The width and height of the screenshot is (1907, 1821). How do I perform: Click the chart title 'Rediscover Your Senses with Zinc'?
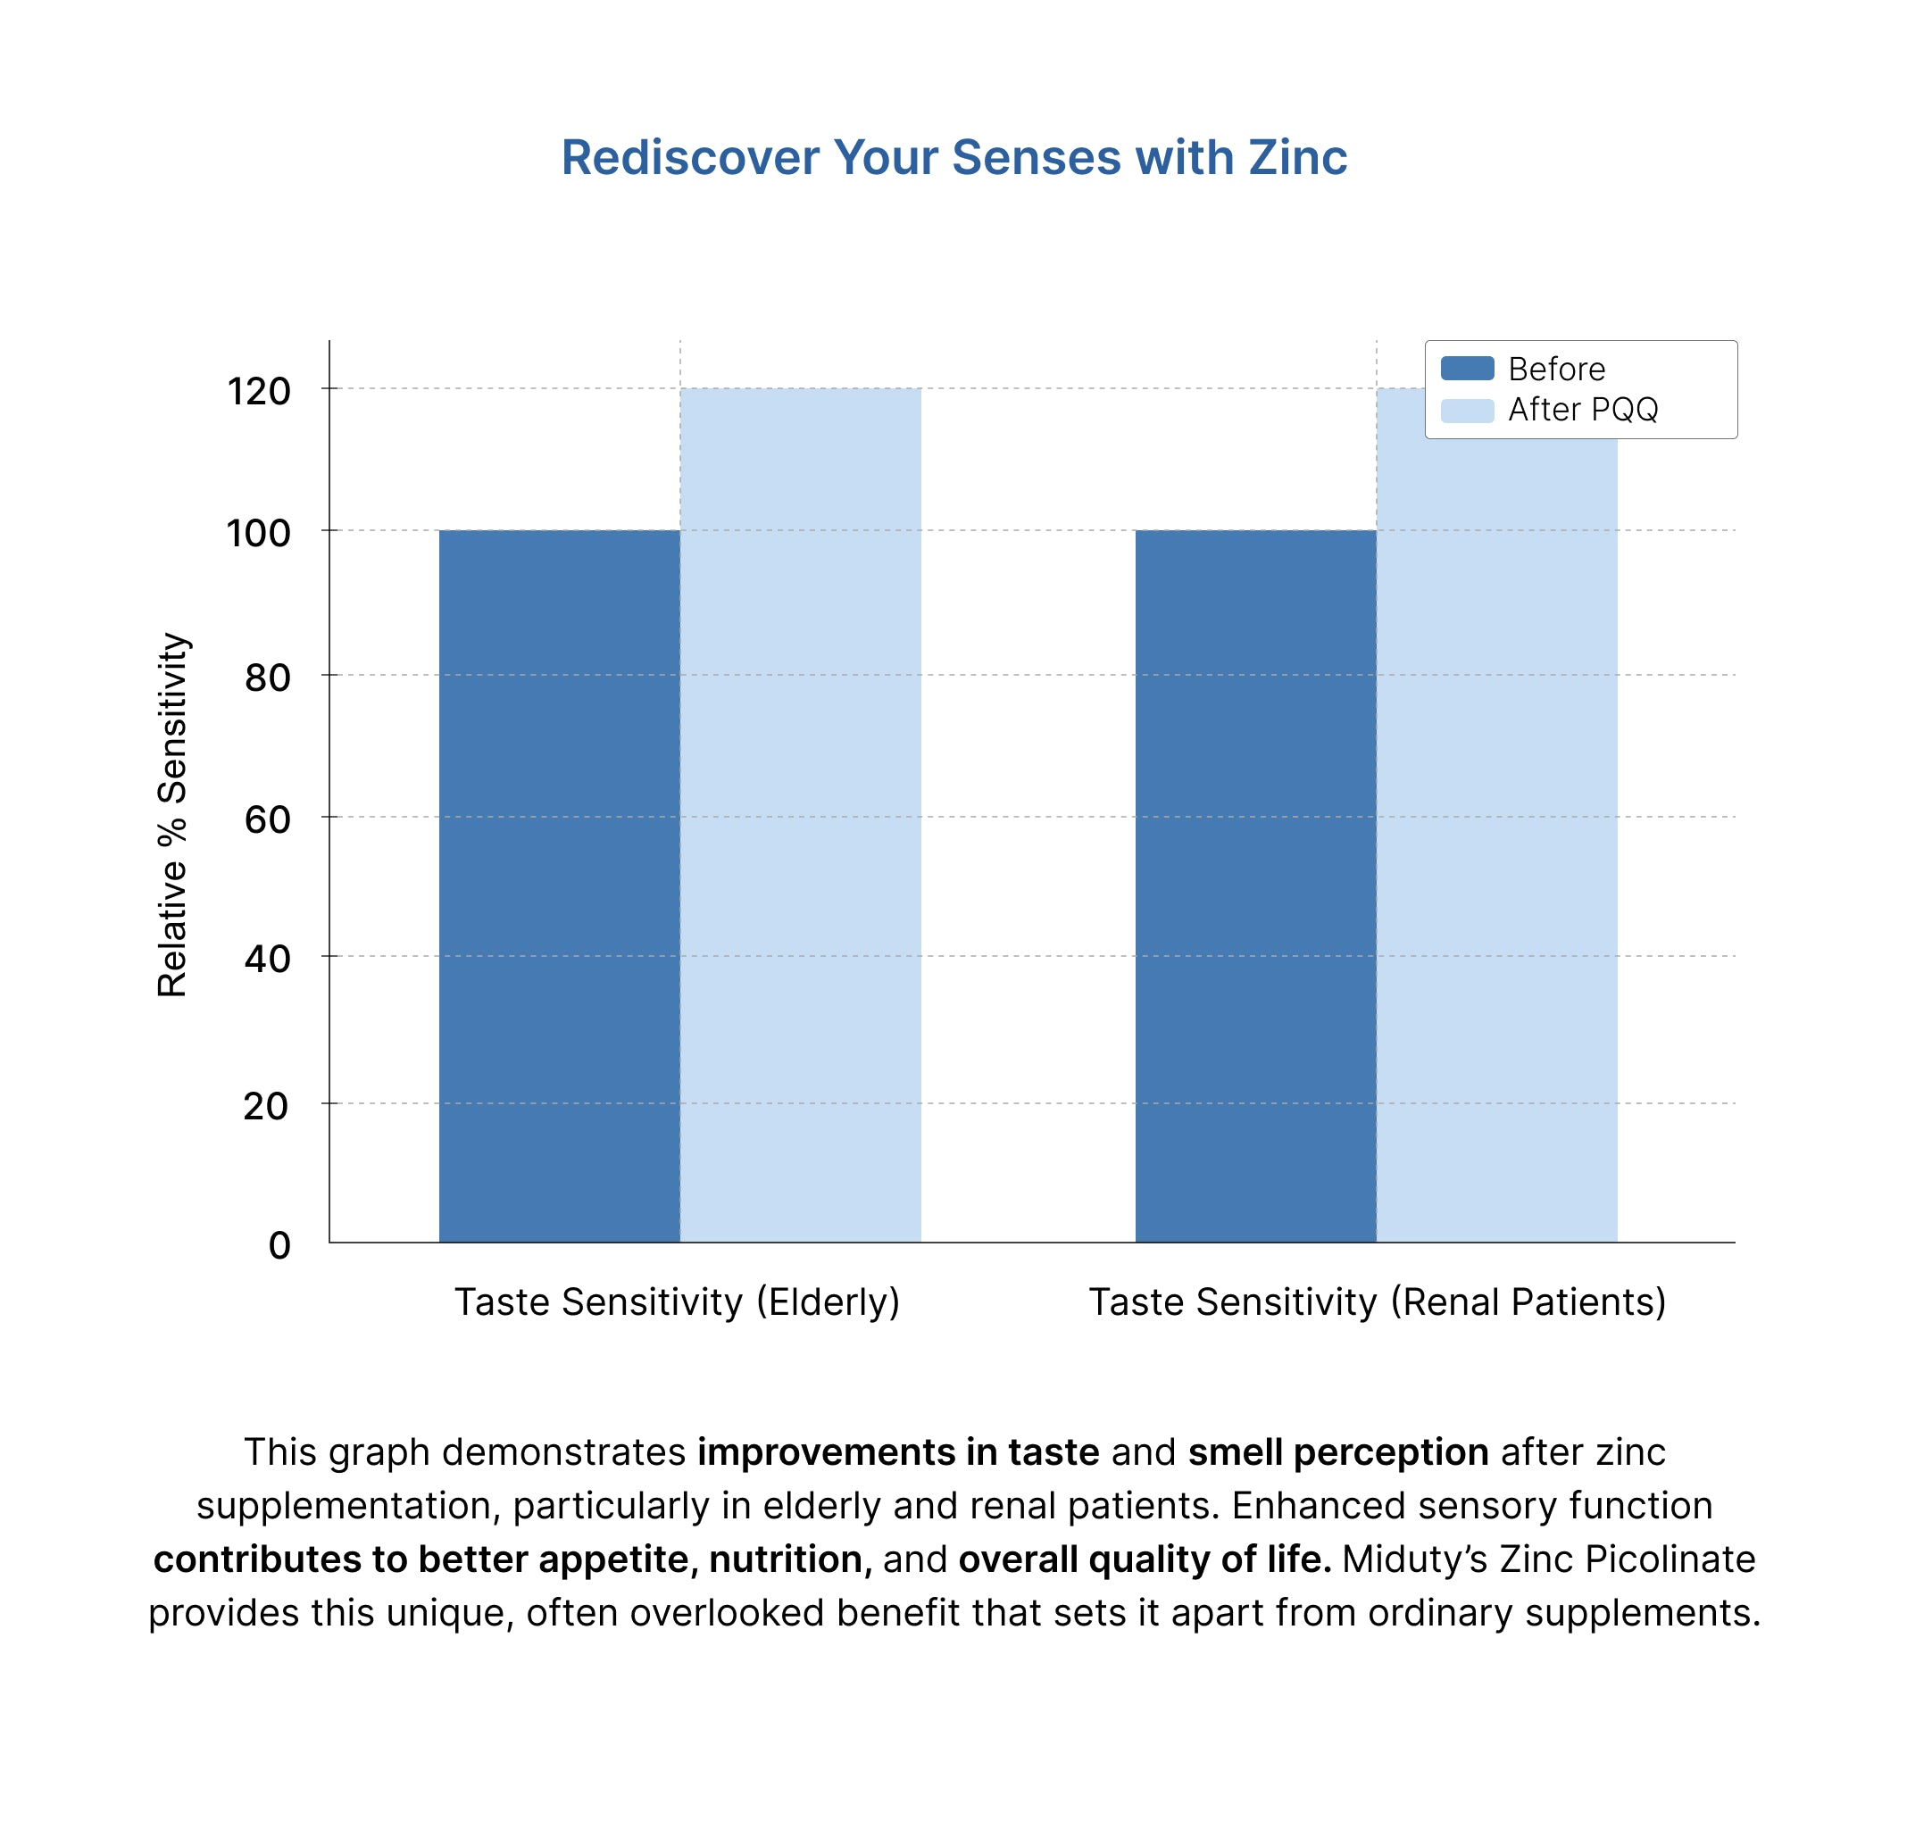[953, 157]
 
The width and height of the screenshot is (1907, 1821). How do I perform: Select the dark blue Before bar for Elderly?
[558, 886]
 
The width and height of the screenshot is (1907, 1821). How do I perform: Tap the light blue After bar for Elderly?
[800, 815]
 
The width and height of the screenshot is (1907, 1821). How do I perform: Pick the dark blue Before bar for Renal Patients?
[1254, 886]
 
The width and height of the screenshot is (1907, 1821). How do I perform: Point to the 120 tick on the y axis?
[258, 391]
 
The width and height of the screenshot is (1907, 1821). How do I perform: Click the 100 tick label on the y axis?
[258, 533]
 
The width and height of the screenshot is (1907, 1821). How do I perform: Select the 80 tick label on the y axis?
[267, 678]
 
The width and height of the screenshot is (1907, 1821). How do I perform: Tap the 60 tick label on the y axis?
[267, 820]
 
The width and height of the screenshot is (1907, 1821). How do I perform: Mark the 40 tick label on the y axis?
[267, 959]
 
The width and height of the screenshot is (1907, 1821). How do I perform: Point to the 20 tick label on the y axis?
[266, 1106]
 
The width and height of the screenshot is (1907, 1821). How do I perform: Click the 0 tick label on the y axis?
[279, 1245]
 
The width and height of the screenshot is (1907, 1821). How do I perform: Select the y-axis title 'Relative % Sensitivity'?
[173, 814]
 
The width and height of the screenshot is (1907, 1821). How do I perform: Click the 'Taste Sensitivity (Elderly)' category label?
[677, 1301]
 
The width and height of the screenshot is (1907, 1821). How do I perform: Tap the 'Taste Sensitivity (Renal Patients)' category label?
[1377, 1301]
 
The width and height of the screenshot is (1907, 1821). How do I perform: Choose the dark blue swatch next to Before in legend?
[1466, 369]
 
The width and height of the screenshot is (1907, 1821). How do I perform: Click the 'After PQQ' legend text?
[1583, 410]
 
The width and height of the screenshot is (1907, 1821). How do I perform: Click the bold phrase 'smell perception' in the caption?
[1338, 1452]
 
